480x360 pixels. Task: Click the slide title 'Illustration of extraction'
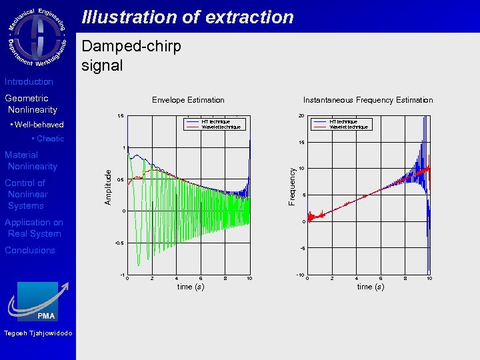187,17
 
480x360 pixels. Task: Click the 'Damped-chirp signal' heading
131,56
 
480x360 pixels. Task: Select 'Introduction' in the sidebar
29,81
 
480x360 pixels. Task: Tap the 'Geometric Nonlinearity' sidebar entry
31,104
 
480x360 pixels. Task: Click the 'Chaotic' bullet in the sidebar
47,139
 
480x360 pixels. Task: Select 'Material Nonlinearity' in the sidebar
31,161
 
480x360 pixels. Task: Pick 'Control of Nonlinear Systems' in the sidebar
27,194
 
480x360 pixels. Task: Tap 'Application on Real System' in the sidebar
33,228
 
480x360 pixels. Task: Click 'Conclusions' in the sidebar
30,250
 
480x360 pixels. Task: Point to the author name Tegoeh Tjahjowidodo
38,333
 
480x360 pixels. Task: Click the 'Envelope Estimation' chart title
188,100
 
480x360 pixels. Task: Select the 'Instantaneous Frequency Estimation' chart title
368,100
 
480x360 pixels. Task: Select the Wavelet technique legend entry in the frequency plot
348,127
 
